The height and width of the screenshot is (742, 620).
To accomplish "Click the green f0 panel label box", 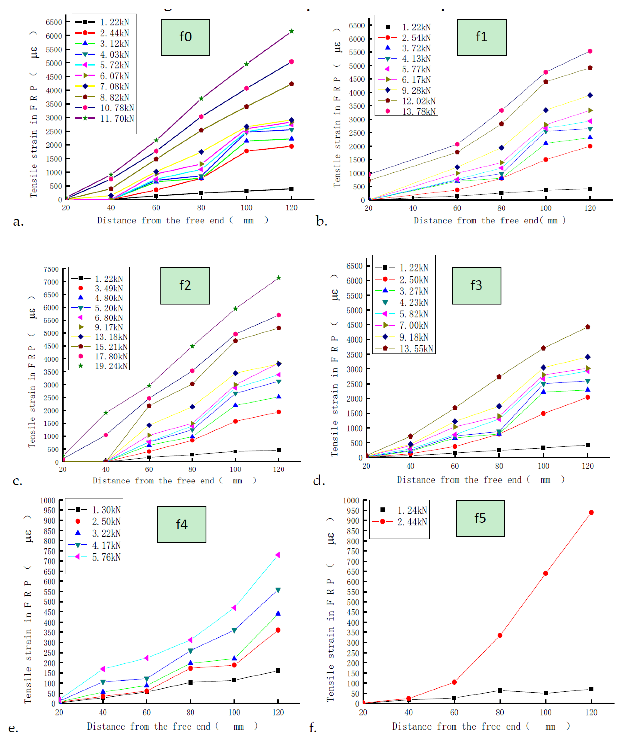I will click(x=185, y=38).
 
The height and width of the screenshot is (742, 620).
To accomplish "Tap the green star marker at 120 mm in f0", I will click(x=292, y=32).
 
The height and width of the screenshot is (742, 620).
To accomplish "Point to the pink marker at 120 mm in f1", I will click(x=590, y=51).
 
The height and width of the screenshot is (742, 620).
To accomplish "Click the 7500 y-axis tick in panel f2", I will click(x=51, y=269).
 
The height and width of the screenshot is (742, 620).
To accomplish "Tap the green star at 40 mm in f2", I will click(x=106, y=413).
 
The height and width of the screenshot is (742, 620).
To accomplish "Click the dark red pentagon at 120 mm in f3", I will click(x=587, y=327).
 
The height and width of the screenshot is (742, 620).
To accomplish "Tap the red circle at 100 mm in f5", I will click(x=545, y=573).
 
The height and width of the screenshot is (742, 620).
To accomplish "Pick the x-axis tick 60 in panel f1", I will click(x=457, y=208).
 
